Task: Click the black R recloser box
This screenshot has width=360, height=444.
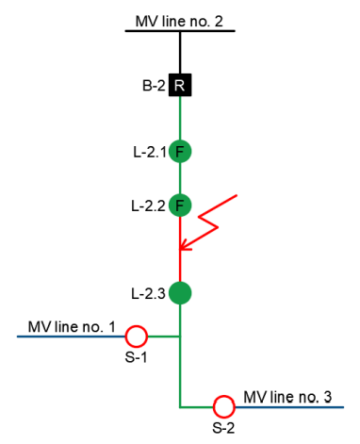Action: [x=180, y=87]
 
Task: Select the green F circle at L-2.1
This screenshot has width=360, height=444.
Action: [x=180, y=151]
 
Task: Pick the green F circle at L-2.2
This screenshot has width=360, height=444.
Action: [x=180, y=205]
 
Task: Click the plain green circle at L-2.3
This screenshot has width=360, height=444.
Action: [x=180, y=293]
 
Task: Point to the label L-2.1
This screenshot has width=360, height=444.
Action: [x=149, y=151]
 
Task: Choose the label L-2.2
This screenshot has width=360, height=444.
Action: [x=149, y=205]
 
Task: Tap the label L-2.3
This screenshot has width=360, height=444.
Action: [x=149, y=294]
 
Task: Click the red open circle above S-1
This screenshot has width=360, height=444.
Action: [x=138, y=336]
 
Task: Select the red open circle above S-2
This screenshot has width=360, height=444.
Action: [x=223, y=407]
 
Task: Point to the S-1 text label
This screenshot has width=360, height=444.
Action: [x=138, y=357]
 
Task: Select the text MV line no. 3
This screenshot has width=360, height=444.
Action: [x=288, y=397]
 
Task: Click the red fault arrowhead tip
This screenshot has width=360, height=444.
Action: [x=182, y=250]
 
